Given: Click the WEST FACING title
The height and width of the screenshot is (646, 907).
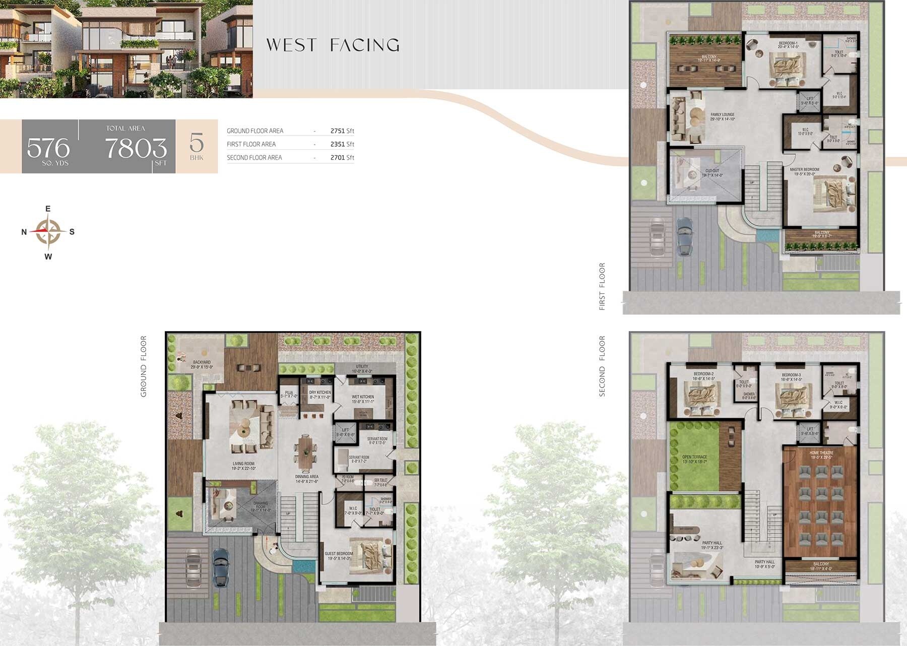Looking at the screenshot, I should [x=333, y=45].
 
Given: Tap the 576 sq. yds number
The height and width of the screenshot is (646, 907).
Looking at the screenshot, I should [x=48, y=148].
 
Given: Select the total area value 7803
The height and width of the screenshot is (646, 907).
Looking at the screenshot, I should [x=136, y=148].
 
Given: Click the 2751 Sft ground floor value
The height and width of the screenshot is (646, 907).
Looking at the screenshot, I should [x=342, y=131].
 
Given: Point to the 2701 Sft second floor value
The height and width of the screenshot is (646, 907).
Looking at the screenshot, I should [x=342, y=158].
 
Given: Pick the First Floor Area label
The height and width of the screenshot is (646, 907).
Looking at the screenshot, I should [x=251, y=144].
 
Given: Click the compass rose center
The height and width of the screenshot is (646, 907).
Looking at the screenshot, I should [x=48, y=232].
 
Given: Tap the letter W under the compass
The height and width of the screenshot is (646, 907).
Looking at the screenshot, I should [x=48, y=257].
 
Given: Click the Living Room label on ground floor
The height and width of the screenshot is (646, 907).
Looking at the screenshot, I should [x=243, y=466].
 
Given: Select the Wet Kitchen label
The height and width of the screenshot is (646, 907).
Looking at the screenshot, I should [x=363, y=399].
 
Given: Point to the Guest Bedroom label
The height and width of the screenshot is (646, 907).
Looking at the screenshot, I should [x=339, y=555].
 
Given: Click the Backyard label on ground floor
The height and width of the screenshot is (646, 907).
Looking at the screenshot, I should [x=202, y=364].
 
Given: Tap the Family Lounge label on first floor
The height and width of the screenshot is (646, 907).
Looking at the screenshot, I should [x=723, y=116].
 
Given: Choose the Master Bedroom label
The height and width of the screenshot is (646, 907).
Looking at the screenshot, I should [x=804, y=171].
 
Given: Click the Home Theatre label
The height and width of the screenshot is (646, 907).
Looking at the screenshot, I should [x=822, y=455].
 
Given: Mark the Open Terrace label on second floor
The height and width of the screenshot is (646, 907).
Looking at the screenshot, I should [x=694, y=459].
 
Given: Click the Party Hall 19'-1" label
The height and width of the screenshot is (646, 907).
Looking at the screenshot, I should [x=711, y=545].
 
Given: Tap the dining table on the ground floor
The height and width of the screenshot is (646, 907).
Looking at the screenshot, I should [x=306, y=452].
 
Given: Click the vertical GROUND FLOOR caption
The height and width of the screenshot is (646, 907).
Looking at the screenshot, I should [x=144, y=366].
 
